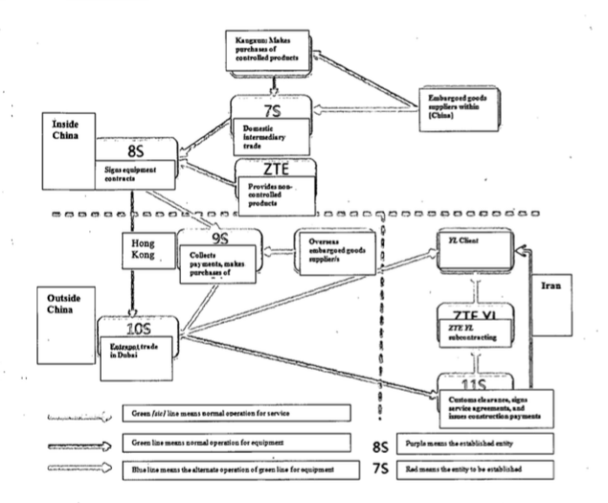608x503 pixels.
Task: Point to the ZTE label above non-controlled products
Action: coord(274,169)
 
